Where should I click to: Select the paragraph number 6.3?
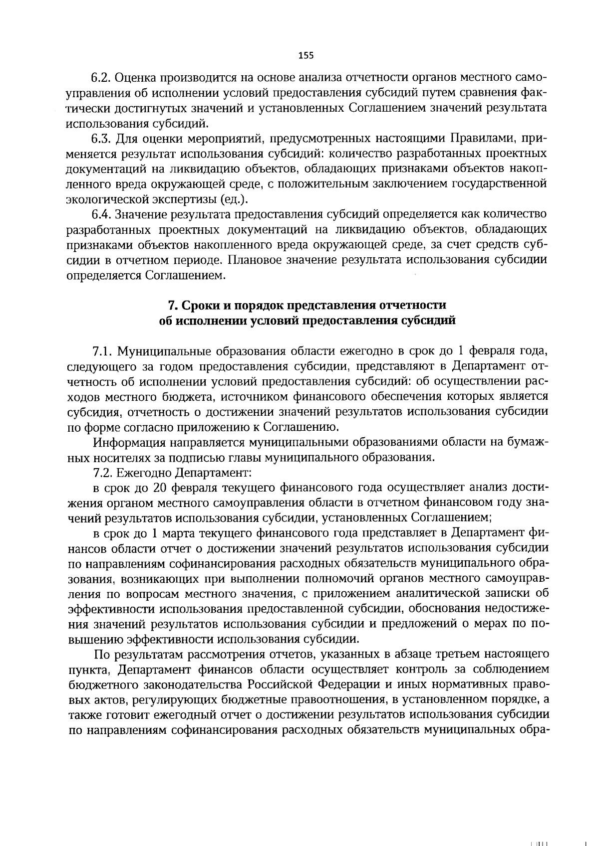[101, 138]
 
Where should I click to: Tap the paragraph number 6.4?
[101, 215]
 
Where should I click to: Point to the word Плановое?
[257, 260]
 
